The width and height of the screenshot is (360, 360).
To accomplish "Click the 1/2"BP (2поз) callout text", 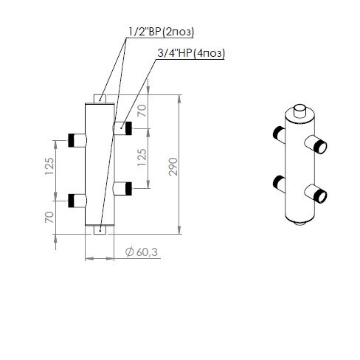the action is tap(162, 32).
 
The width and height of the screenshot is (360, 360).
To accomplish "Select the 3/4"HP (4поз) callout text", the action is tap(191, 53).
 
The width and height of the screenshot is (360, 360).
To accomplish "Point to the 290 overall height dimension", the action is tap(173, 167).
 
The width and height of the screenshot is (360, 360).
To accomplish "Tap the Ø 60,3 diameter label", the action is tap(142, 252).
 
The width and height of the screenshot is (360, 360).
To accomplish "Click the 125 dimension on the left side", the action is tap(49, 166).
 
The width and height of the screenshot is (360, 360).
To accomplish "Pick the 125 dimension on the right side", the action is tap(142, 157).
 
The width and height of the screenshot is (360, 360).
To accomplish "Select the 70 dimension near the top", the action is tap(142, 111).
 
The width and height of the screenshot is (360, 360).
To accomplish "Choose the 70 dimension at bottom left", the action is tap(49, 217).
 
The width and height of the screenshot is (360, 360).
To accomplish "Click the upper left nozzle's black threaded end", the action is tap(72, 140).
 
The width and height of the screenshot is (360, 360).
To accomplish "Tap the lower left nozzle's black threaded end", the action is tap(72, 201).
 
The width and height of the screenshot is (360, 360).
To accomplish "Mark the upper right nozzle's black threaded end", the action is tap(128, 128).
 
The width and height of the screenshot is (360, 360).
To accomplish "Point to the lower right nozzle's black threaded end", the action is tap(128, 189).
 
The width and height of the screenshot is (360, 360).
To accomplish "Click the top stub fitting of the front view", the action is tap(100, 99).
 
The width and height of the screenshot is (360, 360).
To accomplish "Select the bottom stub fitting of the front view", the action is tap(100, 230).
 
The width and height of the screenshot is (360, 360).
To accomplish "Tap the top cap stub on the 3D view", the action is tap(300, 111).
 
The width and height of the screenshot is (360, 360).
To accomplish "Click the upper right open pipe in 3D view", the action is tap(316, 145).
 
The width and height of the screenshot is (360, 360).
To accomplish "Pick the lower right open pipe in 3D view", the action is tap(316, 193).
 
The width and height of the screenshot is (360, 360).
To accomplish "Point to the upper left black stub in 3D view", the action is tap(279, 134).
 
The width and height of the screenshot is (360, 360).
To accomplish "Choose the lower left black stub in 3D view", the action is tap(279, 184).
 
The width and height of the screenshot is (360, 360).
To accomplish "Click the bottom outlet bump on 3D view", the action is tap(300, 224).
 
